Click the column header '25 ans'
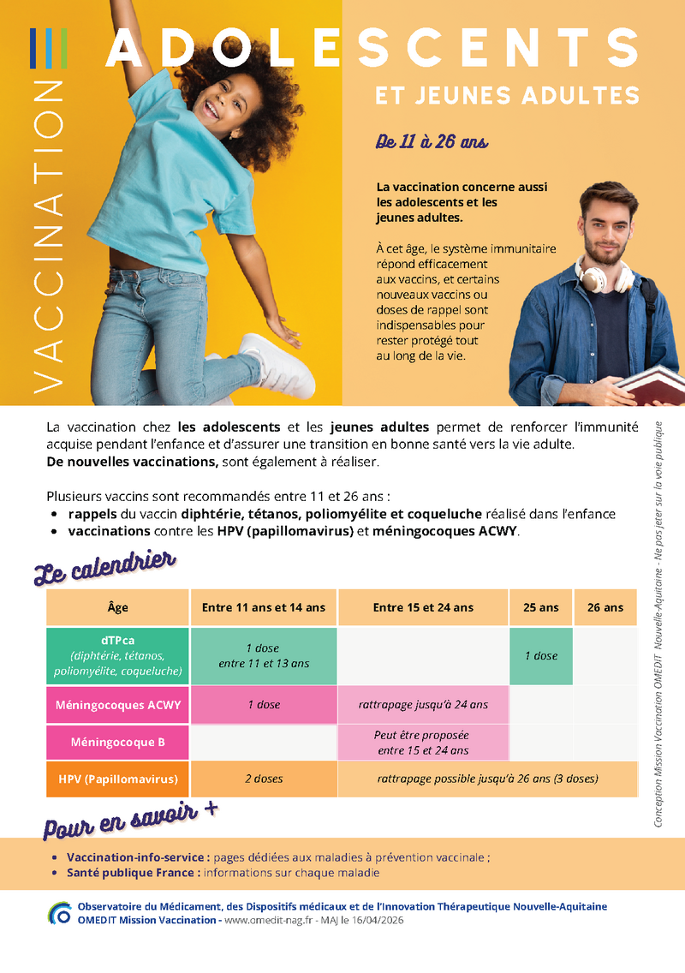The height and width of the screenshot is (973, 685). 540,607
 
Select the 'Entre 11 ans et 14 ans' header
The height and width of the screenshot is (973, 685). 264,607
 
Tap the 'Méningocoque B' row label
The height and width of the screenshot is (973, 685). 118,742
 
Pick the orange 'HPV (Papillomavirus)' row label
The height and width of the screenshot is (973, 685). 118,779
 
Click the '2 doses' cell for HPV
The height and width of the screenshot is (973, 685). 264,779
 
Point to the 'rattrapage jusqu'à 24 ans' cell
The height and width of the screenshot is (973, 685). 423,705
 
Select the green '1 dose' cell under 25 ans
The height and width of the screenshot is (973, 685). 540,656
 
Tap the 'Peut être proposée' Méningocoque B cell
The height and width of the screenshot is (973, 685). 423,742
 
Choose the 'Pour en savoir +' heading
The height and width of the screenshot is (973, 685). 128,819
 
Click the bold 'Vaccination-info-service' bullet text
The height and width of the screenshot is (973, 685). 138,857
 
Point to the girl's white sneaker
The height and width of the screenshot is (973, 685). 276,364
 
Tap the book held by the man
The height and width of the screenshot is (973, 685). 652,385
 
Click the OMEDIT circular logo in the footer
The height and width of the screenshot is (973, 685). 60,913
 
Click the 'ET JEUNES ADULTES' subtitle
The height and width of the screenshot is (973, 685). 507,94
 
